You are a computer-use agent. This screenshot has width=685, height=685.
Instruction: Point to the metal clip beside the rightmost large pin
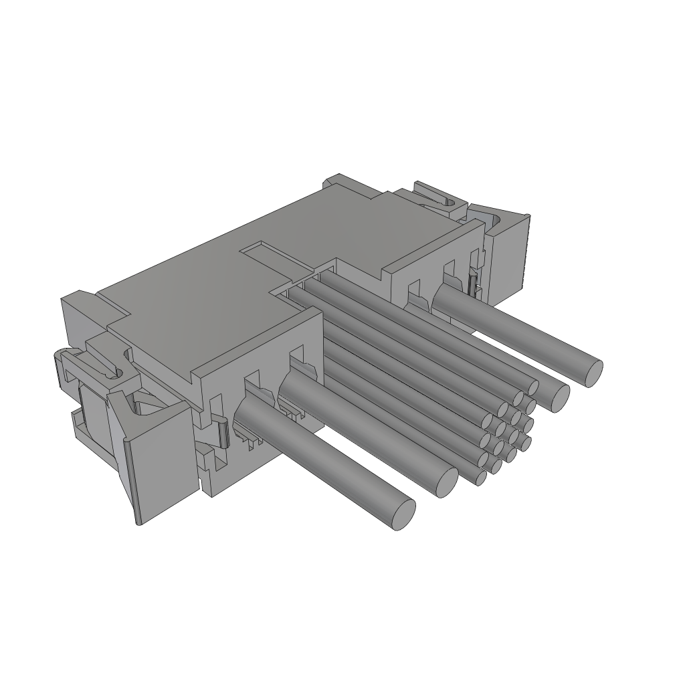coord(474,284)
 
